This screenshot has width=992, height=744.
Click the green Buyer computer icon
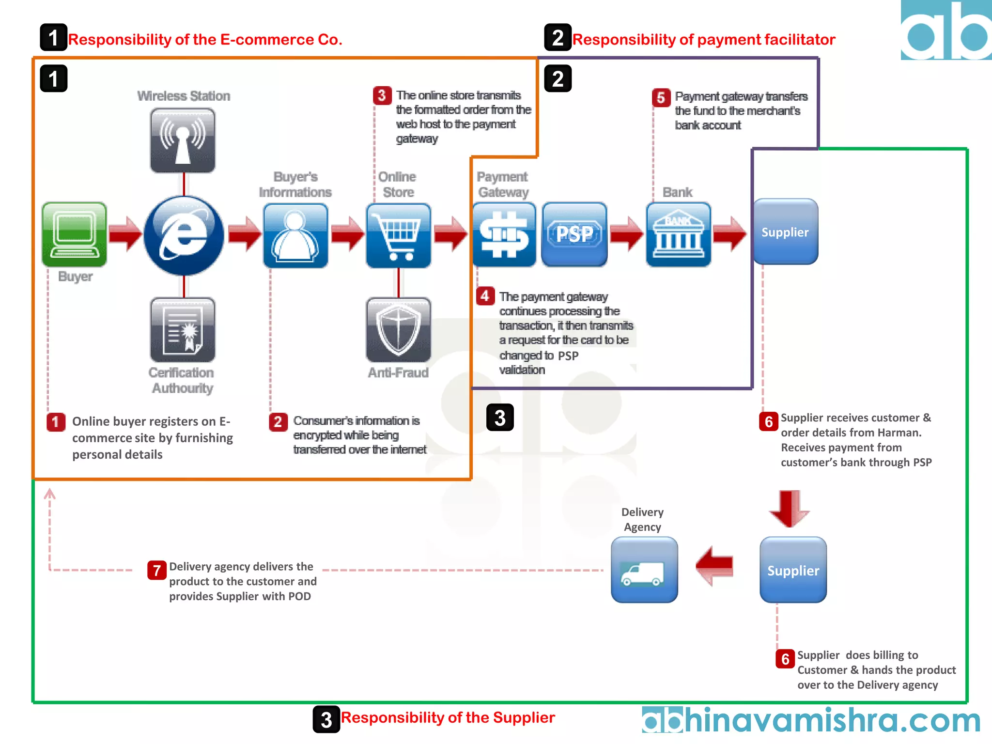coord(74,234)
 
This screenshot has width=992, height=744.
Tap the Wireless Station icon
coord(183,140)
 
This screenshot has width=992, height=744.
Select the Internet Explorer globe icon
coord(184,235)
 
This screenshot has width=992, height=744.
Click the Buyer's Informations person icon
coord(295,235)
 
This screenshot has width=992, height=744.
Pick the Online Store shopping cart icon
coord(398,235)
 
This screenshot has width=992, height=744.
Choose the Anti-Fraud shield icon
coord(398,330)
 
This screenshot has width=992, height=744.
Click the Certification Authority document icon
coord(183,330)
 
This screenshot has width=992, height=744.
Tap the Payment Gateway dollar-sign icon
coord(504,234)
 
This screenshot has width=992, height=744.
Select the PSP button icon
coord(574,234)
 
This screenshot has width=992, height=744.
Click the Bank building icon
coord(678,234)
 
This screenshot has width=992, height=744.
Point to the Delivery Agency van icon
coord(644,570)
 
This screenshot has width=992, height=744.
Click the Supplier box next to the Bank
coord(785,232)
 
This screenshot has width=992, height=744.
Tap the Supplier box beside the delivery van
coord(793,570)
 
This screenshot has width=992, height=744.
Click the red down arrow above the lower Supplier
coord(789,509)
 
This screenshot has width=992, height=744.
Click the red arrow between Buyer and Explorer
coord(125,234)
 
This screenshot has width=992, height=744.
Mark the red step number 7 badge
coord(156,571)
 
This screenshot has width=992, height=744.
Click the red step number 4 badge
coord(485,295)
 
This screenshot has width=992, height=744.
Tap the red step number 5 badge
coord(661,97)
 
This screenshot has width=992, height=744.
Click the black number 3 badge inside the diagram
coord(500,418)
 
